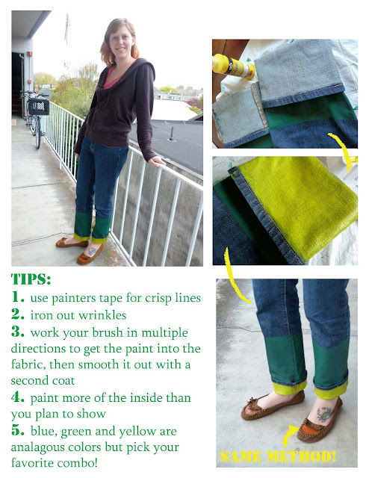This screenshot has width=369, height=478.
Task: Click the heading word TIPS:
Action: [31, 279]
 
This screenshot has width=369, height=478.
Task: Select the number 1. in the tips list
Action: [19, 298]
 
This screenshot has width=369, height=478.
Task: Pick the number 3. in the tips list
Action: [19, 332]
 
